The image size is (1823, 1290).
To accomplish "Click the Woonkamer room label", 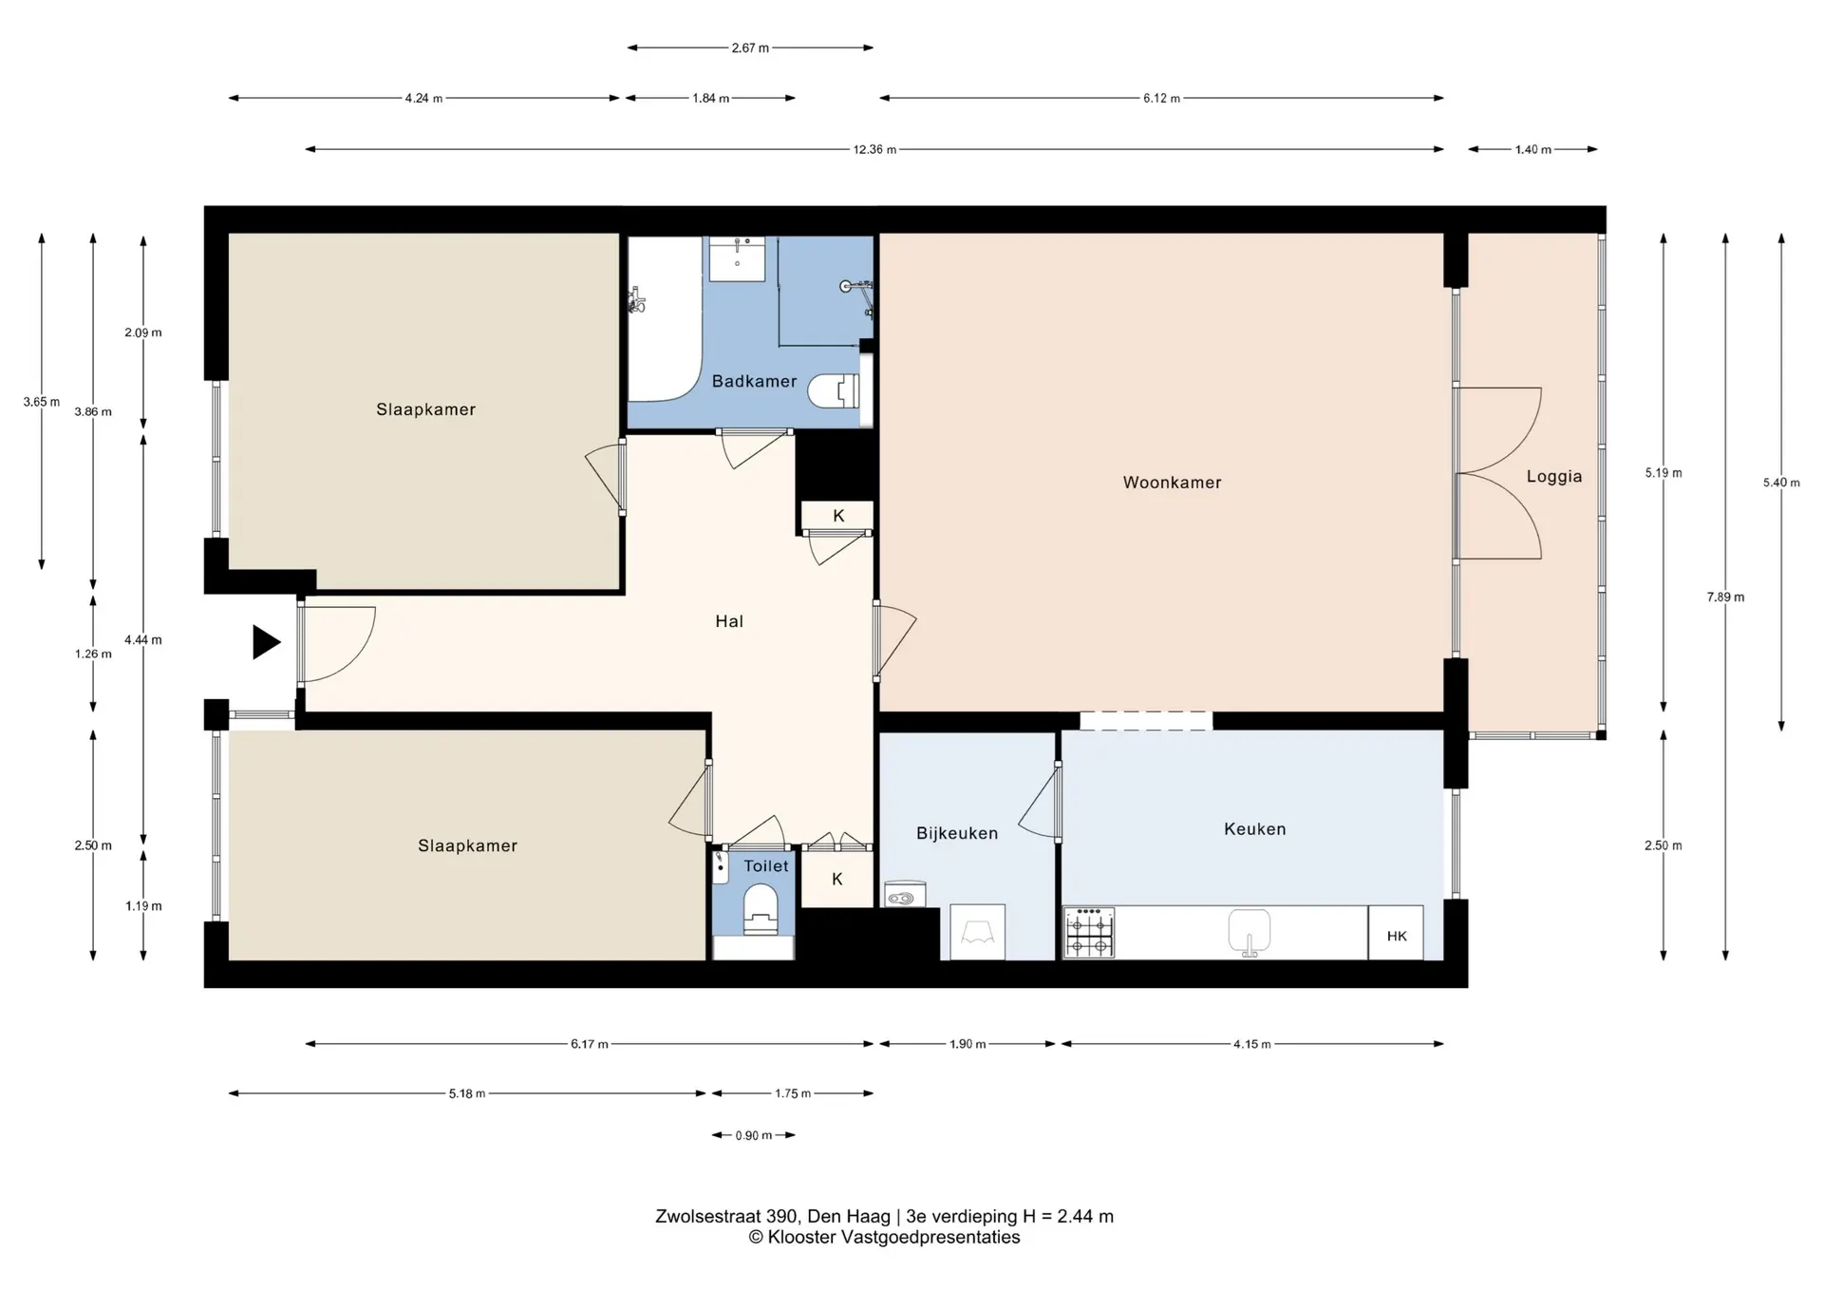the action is (1172, 483).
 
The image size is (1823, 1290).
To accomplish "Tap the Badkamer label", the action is (755, 381).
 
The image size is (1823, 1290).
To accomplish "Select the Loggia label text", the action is (1554, 477).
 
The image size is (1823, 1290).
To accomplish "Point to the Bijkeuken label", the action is (957, 833).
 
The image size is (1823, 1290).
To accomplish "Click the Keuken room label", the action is (1255, 829).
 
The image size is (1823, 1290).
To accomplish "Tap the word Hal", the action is (729, 621).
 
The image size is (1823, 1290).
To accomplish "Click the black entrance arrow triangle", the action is (266, 642).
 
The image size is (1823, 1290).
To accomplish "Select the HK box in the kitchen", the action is (1396, 933).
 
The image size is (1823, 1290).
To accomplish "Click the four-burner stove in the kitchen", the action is (1089, 933).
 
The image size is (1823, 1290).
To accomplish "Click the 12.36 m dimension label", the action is (874, 149).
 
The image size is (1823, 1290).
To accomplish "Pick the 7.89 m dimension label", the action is (1725, 598).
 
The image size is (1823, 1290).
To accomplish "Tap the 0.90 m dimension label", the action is (754, 1135).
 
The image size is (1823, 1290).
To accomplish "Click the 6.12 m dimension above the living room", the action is (1161, 98).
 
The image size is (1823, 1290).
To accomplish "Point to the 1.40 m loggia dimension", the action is (1532, 149).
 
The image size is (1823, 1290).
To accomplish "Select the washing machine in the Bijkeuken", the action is (977, 932).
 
